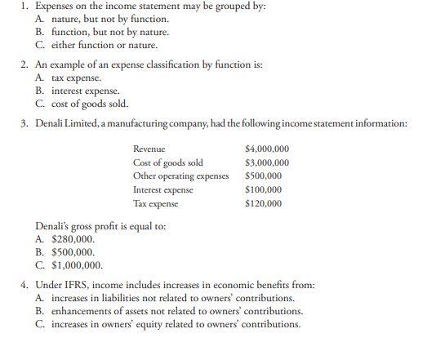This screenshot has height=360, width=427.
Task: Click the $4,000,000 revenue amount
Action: (x=267, y=149)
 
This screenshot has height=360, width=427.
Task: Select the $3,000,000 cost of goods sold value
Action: (x=267, y=162)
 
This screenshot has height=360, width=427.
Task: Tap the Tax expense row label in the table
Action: (x=155, y=202)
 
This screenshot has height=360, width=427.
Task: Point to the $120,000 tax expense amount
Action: (x=263, y=202)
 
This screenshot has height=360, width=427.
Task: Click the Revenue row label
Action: (x=149, y=149)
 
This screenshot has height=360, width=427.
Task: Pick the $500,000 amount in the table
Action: (x=263, y=176)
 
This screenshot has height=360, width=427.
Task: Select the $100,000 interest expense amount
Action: (x=263, y=189)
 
